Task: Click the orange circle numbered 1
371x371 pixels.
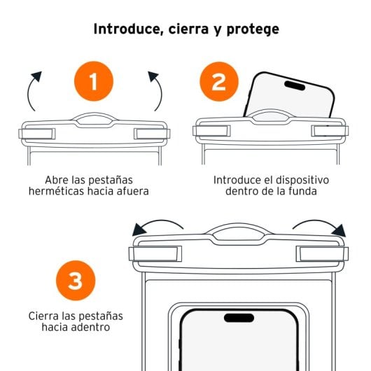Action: point(94,81)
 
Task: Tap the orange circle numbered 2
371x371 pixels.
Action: point(219,81)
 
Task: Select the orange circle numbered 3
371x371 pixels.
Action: point(76,281)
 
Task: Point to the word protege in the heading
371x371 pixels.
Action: point(253,30)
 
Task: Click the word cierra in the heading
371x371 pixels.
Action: point(188,29)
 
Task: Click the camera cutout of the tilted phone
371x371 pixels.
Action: point(295,85)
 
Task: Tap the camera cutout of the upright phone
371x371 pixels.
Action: point(239,318)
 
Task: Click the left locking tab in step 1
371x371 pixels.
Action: point(37,134)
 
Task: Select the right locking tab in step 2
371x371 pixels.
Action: point(330,131)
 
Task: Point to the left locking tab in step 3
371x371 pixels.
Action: point(155,253)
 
